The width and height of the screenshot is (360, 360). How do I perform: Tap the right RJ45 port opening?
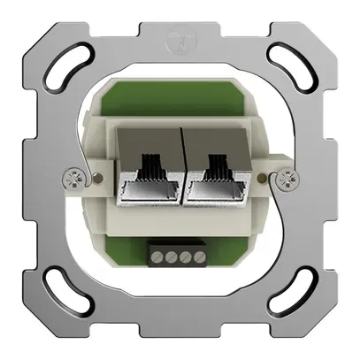tap(213, 184)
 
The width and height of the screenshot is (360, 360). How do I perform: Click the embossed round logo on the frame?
tap(180, 39)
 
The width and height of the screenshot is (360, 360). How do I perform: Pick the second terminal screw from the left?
tap(172, 258)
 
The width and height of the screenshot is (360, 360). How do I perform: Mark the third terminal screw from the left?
tap(188, 258)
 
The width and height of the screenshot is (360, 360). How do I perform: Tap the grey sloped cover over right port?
tap(213, 142)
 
